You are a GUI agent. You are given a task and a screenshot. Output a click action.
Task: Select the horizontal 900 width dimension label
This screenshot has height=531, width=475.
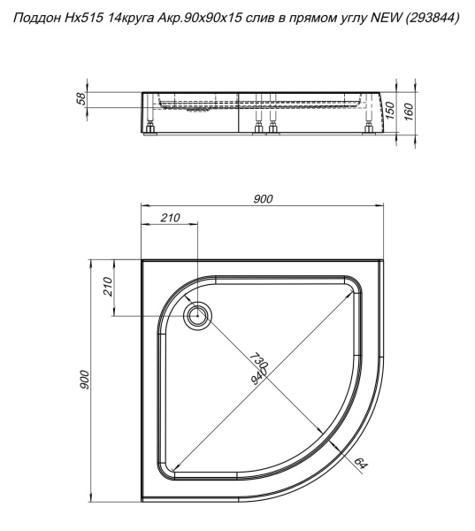tap(263, 199)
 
